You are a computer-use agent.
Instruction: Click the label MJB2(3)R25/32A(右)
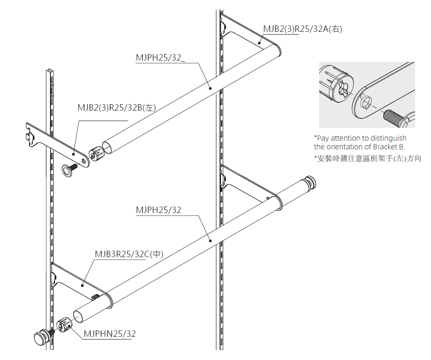click(302, 29)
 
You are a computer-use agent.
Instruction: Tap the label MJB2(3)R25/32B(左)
click(117, 108)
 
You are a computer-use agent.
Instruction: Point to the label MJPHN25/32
click(110, 334)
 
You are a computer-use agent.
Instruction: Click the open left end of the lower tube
click(80, 315)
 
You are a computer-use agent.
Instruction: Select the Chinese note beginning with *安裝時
click(367, 158)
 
